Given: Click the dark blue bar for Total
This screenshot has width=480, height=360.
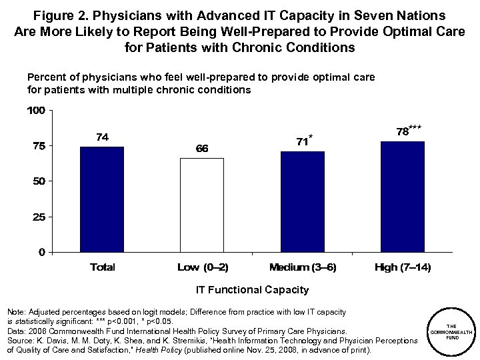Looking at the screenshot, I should pos(102,199).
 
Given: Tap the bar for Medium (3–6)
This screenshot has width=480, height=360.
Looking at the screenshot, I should pos(303,202).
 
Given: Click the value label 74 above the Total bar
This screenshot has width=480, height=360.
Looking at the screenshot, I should pos(102,137).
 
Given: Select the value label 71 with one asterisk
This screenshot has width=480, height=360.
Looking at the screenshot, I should pos(303,141).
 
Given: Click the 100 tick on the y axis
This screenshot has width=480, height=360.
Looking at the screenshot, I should pos(37,111).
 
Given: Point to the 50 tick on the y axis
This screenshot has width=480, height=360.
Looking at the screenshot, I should pos(39,181).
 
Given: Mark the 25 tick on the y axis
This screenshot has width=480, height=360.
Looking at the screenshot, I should pos(39,217).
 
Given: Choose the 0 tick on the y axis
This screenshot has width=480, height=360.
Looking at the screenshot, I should pos(42,252).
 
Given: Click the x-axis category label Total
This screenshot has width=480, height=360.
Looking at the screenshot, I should pos(102,267).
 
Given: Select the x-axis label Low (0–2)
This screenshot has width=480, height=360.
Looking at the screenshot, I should pos(203,267).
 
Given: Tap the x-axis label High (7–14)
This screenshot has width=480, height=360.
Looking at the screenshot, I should pos(403,267).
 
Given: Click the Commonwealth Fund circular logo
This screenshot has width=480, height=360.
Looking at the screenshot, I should pos(451,331).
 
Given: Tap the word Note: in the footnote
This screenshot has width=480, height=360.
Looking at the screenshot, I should pos(14,312).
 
